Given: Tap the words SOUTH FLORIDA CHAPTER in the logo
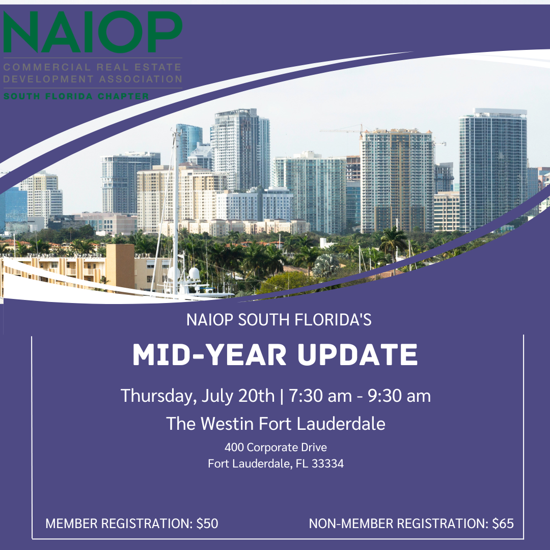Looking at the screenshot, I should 76,96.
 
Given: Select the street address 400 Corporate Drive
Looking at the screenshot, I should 276,448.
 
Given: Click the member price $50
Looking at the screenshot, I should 207,523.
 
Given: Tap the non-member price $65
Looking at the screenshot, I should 503,523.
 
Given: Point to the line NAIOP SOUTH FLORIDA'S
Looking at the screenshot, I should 279,320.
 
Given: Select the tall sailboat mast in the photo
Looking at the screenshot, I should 176,204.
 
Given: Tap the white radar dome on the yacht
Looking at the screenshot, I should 194,273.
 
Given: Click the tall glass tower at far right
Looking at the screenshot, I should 492,168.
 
